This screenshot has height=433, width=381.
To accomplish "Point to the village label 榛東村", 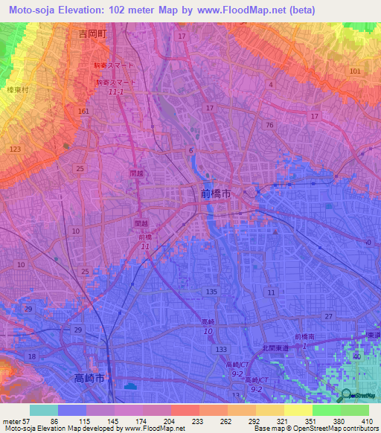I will pos(17,89).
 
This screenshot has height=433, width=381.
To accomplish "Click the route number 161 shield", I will pos(83,112).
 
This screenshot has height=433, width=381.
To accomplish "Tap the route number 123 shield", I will pos(16,150).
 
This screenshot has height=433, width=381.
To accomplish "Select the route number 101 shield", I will pos(354,71).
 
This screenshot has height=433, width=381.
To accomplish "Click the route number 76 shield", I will pos(269,125).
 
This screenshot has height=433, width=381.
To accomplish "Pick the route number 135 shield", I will pos(211,292).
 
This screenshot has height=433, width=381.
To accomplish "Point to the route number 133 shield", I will pos(221,349).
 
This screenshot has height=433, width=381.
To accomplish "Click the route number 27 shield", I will pos(328,316).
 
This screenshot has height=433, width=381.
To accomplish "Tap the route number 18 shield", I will pos(31,357).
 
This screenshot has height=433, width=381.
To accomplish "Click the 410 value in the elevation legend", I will pos(365,420).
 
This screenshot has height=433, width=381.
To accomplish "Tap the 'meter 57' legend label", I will pos(16,420).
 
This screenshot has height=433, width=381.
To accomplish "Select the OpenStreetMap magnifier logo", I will pos(346,394).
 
